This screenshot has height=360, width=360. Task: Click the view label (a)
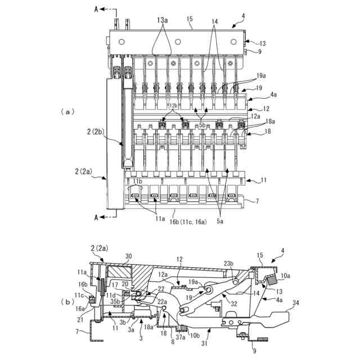point(67,112)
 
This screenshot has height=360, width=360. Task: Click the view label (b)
point(67,302)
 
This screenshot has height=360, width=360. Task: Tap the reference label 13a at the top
point(163,20)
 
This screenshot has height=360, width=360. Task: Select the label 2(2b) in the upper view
point(96,132)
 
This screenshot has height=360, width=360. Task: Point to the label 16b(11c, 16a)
point(188,222)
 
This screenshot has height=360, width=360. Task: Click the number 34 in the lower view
point(296,303)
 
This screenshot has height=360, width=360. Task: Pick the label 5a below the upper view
point(220,221)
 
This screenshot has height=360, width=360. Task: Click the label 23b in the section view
point(229,264)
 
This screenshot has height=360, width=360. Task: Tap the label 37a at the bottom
point(181,337)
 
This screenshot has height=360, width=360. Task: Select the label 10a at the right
point(285,276)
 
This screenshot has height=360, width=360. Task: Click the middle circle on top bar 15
point(178,42)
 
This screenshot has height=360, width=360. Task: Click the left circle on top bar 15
point(121,42)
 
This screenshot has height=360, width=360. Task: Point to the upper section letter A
point(96,9)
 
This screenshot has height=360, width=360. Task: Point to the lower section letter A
point(96,217)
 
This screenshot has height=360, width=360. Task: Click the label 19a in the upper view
point(261,75)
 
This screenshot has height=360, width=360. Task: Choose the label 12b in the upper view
point(174,106)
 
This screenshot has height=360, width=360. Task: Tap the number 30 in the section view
point(129,256)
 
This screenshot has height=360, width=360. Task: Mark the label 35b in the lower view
point(115,301)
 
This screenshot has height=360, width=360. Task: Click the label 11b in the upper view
point(137,181)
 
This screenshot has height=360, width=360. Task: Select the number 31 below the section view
point(204,343)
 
